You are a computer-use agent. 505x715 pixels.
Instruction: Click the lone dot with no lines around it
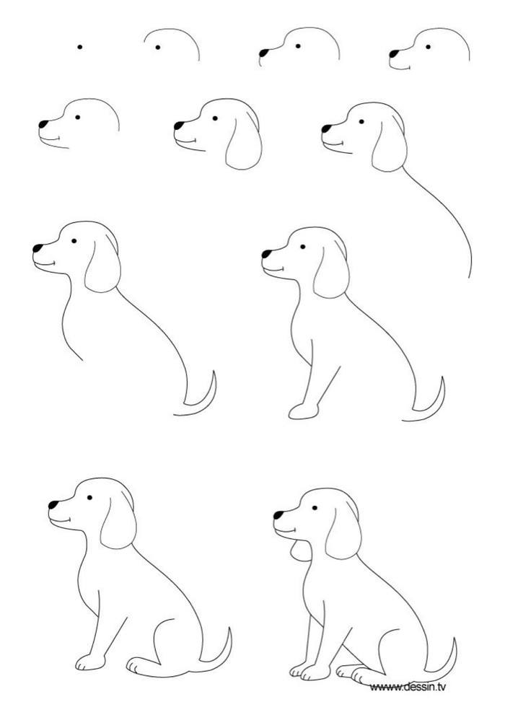click(x=80, y=46)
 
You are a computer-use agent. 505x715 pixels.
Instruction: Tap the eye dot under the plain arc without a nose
click(x=158, y=47)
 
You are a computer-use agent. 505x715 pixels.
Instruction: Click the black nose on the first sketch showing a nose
click(x=264, y=53)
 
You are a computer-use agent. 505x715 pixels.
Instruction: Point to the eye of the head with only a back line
click(x=361, y=122)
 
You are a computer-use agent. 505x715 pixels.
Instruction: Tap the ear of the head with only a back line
click(x=390, y=144)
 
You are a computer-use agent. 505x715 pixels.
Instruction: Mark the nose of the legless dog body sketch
click(x=38, y=248)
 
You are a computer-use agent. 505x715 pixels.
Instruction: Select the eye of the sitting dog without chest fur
click(x=89, y=497)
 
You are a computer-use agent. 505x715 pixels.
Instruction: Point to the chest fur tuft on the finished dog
click(x=299, y=550)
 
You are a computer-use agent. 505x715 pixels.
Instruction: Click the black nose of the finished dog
click(x=278, y=515)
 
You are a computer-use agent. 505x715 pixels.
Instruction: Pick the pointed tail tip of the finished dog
click(x=454, y=639)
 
